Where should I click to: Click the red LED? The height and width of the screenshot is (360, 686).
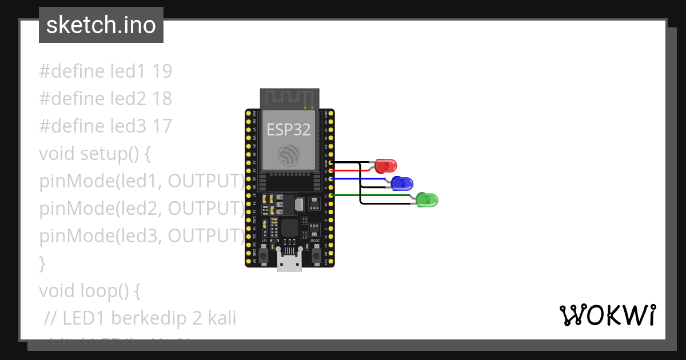tap(386, 166)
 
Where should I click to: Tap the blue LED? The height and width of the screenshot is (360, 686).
tap(403, 184)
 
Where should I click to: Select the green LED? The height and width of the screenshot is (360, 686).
tap(428, 200)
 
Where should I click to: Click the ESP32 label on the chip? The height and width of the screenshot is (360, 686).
tap(289, 130)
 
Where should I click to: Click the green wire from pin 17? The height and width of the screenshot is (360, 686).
tap(372, 195)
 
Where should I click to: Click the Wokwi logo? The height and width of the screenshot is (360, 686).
tap(608, 315)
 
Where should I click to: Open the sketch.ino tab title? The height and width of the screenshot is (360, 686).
tap(101, 25)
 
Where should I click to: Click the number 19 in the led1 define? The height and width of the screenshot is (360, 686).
tap(162, 71)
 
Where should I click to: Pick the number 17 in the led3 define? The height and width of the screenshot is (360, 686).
tap(162, 126)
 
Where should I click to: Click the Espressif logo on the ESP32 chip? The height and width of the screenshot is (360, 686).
tap(289, 155)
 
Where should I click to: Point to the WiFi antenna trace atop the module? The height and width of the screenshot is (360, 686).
tap(289, 98)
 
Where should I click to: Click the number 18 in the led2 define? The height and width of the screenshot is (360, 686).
tap(162, 98)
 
